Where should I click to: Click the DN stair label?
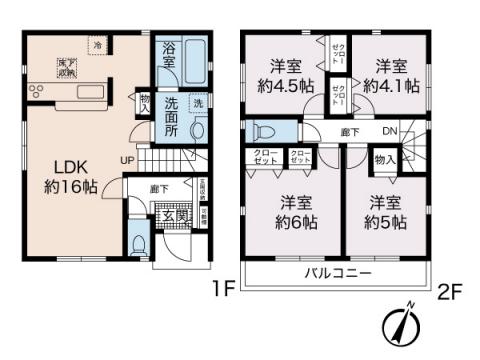coord(392,130)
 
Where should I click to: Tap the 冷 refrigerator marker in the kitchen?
coord(98,46)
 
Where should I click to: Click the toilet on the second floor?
coord(265,131)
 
